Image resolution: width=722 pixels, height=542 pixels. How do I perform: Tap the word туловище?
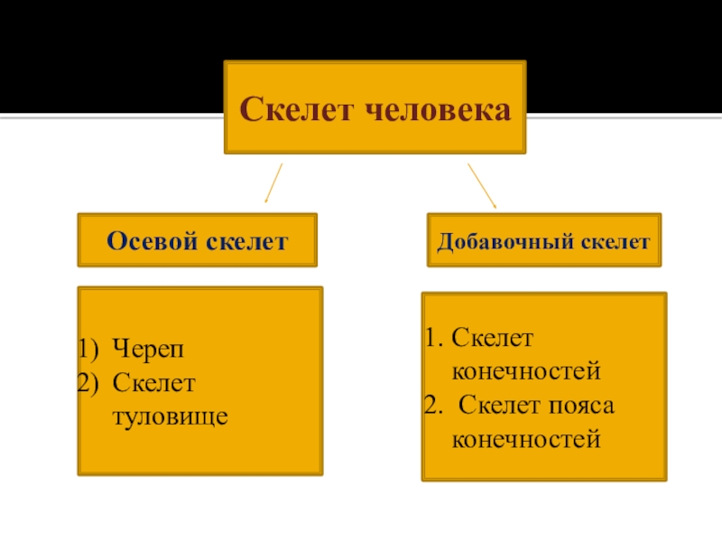point(169,417)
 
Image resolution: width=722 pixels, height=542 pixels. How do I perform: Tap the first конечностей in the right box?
point(525,371)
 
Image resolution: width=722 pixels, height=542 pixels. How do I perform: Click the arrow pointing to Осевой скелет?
point(273,182)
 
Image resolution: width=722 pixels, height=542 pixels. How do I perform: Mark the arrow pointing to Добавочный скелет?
point(481,186)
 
